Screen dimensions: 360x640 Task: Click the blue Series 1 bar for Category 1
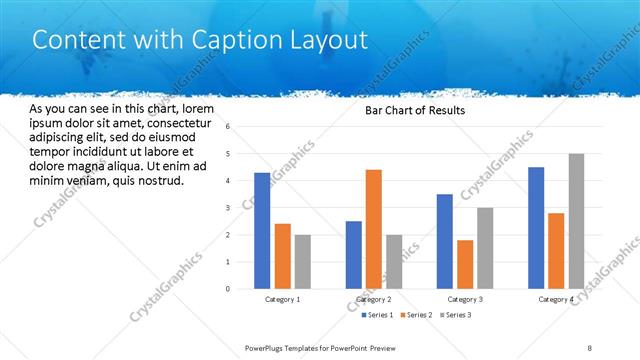[262, 231]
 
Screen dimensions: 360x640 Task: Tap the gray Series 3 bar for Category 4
[576, 221]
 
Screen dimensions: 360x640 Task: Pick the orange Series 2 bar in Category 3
[465, 264]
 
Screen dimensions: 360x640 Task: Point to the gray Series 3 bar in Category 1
[303, 262]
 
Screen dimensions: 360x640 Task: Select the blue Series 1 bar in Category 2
[354, 255]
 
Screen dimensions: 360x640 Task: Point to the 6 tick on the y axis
[229, 127]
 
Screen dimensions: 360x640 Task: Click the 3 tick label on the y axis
[229, 208]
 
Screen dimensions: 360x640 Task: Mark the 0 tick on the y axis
[229, 289]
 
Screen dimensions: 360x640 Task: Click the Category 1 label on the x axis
[283, 300]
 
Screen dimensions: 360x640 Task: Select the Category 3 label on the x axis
[465, 300]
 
